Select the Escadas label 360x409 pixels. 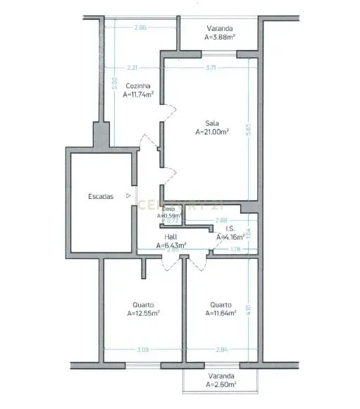pyautogui.click(x=101, y=197)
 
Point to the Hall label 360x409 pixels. pyautogui.click(x=171, y=238)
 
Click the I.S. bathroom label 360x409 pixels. pyautogui.click(x=230, y=229)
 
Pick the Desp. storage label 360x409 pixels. pyautogui.click(x=168, y=209)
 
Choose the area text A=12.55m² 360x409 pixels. pyautogui.click(x=143, y=313)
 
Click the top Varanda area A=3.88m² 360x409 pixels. pyautogui.click(x=219, y=37)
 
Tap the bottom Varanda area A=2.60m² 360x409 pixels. pyautogui.click(x=221, y=385)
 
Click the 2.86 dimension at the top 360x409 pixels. pyautogui.click(x=140, y=28)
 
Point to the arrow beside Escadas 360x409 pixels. pyautogui.click(x=128, y=196)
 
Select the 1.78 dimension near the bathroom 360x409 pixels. pyautogui.click(x=236, y=249)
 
